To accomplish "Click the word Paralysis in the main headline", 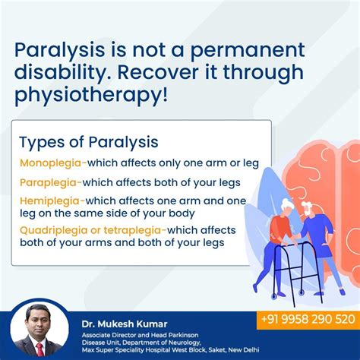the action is click(x=59, y=50).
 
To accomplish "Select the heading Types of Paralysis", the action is click(x=89, y=143).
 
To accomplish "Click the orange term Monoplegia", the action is click(x=50, y=163).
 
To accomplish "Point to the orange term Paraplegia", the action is click(x=48, y=183).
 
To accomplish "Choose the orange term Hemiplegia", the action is click(x=49, y=201).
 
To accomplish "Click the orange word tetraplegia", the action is click(x=132, y=231).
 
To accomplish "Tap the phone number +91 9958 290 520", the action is click(x=308, y=319).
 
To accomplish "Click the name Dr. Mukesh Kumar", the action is click(x=125, y=324).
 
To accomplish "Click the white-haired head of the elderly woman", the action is click(x=287, y=206).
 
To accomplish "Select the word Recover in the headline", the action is click(x=158, y=72).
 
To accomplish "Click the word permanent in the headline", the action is click(x=248, y=51).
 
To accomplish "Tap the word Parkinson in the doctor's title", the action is click(x=183, y=335).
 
